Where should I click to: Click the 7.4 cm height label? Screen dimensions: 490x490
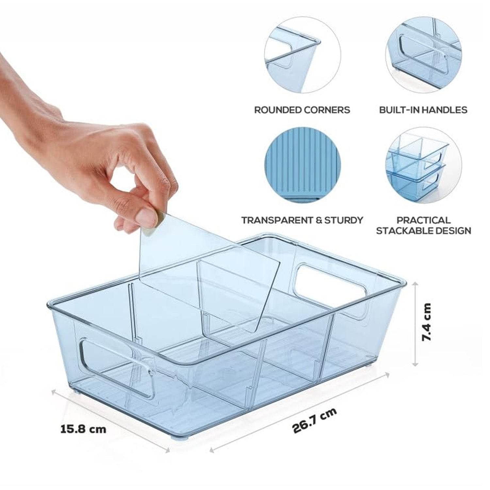coord(426,322)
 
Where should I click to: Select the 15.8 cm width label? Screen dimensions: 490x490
coord(83,429)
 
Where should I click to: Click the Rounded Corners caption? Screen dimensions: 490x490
coord(302,110)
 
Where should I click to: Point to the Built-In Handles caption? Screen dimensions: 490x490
coord(423,110)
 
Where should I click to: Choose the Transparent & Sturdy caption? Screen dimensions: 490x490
coord(302,220)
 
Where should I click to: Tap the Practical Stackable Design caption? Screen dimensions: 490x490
coord(423,225)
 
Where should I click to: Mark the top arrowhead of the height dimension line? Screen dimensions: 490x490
coord(415,285)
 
